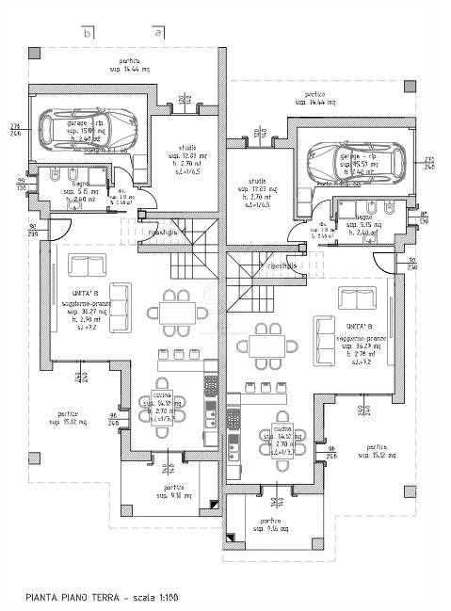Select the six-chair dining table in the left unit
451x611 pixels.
click(175, 311)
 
